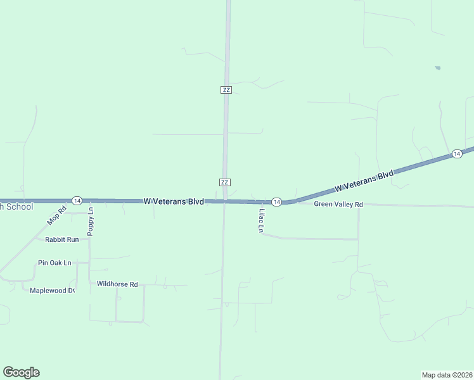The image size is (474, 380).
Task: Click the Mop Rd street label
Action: [57, 216]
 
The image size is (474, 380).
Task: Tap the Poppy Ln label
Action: [91, 222]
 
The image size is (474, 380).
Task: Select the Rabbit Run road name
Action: [61, 239]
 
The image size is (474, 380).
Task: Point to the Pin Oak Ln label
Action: [54, 262]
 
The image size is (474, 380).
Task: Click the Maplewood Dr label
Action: [52, 291]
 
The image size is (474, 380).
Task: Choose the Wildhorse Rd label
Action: [117, 284]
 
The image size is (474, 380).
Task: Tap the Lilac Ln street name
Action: [260, 221]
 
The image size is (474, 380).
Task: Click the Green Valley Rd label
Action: [338, 205]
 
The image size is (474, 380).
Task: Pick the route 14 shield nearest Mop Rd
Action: [77, 200]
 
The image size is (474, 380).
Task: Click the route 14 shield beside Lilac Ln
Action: [276, 201]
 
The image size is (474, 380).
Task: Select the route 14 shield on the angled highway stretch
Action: [456, 154]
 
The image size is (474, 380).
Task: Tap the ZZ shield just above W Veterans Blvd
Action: [224, 182]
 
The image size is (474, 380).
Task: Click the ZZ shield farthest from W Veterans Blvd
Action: [226, 90]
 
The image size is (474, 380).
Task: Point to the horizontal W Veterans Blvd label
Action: [173, 201]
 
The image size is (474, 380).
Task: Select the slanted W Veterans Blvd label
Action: [364, 180]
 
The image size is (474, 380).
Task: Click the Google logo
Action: [21, 372]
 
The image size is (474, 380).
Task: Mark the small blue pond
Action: [437, 68]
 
